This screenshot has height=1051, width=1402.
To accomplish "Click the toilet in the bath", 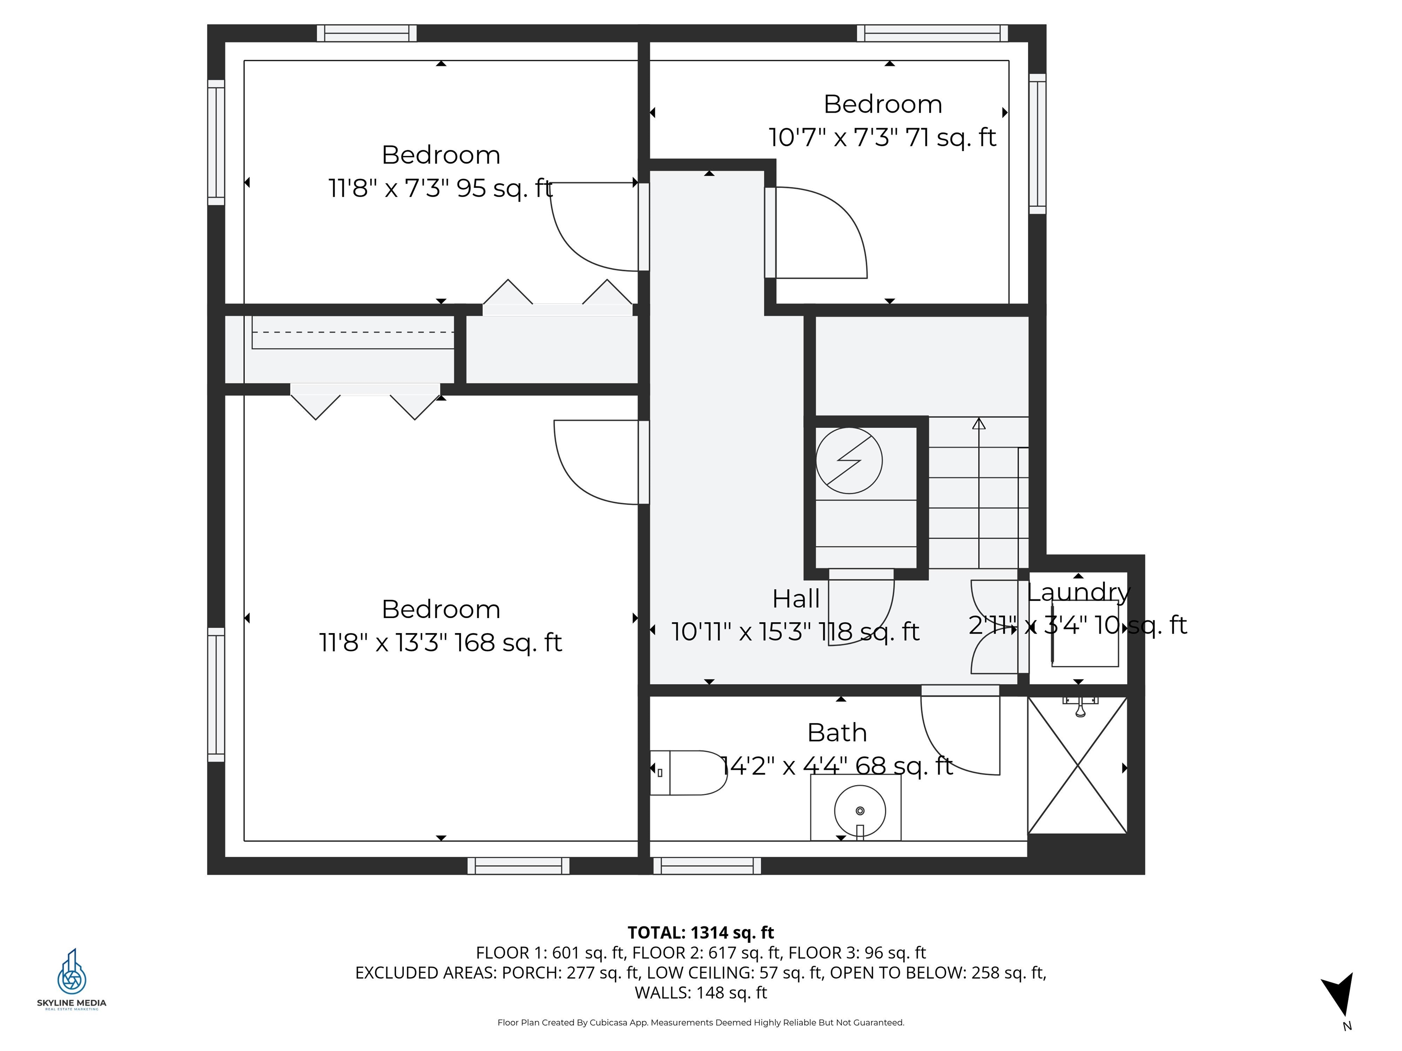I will [x=689, y=772].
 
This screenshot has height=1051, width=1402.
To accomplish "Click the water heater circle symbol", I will [x=849, y=461].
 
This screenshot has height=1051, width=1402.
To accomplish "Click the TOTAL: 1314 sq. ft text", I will [x=701, y=932].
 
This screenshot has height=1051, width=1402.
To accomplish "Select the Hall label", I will [x=795, y=598].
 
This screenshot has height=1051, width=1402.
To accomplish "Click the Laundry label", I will [x=1078, y=593].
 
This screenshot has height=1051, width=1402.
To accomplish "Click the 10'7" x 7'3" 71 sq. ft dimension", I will [x=882, y=137].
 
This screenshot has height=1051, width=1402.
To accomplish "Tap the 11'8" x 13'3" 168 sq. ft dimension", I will [x=440, y=642].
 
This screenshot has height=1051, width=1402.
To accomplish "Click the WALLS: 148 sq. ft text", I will [x=701, y=993].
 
